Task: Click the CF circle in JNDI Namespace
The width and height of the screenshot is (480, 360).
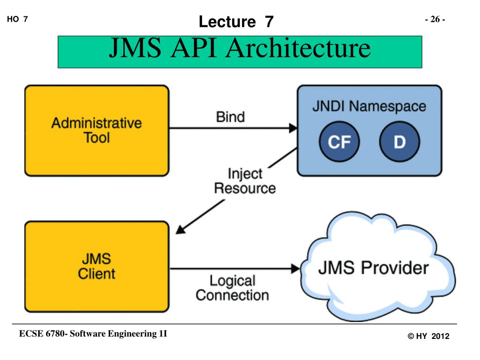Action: coord(339,142)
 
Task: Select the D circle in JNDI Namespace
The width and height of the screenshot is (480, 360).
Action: coord(399,142)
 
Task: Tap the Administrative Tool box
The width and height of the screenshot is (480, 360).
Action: coord(97,131)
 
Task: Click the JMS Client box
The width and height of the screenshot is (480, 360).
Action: coord(97,267)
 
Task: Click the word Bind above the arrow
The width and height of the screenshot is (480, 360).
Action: coord(231,117)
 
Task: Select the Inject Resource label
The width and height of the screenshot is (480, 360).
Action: coord(245,181)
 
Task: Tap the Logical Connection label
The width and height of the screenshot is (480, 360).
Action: coord(232,288)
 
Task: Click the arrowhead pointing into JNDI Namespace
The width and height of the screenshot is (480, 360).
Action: coord(293,128)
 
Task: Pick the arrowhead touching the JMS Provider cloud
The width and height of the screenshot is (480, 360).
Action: coord(295,269)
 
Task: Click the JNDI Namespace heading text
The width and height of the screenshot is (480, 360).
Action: coord(369,106)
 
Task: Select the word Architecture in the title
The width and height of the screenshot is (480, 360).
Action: coord(298,48)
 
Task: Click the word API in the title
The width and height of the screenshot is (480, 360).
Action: coord(194,48)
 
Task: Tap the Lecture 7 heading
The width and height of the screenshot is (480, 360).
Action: coord(236,22)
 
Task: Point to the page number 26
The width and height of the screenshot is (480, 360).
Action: coord(435,19)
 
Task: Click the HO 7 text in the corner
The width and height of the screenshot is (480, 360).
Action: coord(17,19)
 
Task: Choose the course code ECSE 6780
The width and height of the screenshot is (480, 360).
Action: coord(42,333)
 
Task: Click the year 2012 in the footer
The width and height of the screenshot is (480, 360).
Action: coord(440,336)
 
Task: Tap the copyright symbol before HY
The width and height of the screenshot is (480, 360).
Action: coord(411,336)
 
